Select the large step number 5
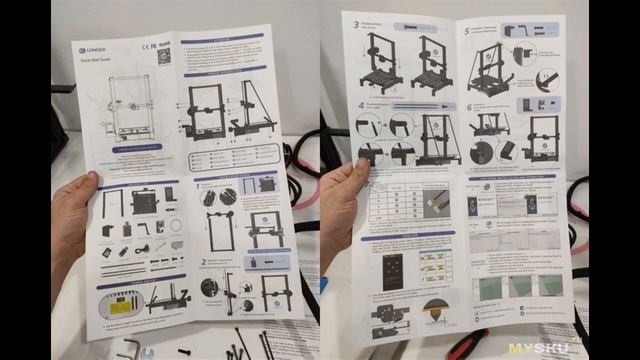click(467, 31)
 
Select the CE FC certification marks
click(147, 43)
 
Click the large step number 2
click(204, 263)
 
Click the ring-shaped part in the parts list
click(176, 228)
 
